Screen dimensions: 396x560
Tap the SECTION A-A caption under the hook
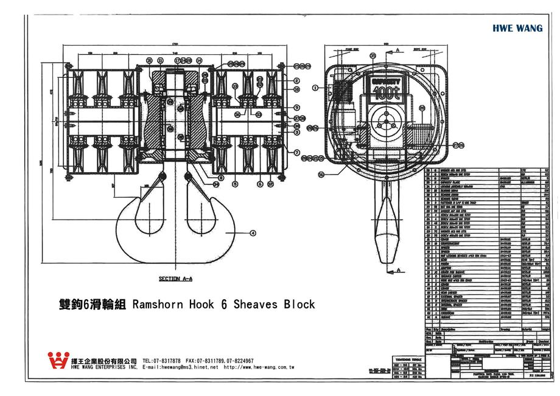point(175,279)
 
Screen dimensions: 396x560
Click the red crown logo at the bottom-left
point(58,361)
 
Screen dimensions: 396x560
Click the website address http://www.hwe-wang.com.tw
point(259,368)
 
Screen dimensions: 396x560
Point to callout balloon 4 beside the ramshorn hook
point(252,232)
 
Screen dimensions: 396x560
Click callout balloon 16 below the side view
point(321,174)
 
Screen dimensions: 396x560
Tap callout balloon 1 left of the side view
point(315,88)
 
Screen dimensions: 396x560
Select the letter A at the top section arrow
point(397,47)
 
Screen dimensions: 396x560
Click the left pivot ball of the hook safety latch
point(162,176)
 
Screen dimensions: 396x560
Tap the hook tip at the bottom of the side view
point(384,260)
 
